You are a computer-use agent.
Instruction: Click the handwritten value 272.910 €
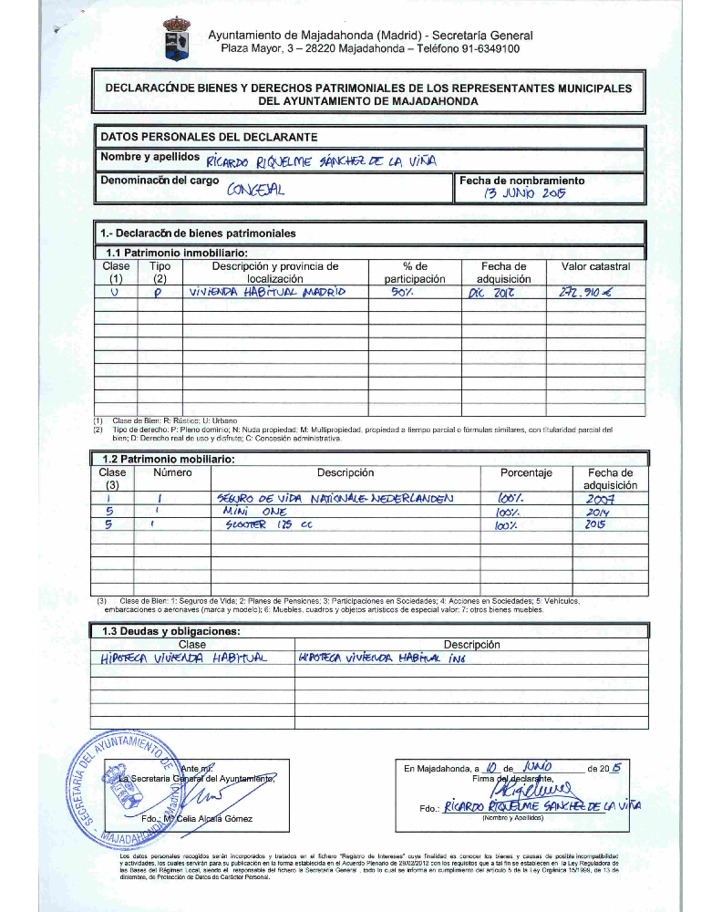click(x=591, y=293)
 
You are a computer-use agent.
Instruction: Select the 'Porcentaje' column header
click(x=526, y=473)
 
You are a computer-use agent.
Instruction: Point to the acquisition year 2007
click(x=600, y=499)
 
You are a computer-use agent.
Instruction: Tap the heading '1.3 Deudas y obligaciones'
click(x=170, y=631)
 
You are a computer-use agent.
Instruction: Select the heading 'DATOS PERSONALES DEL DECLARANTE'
click(x=209, y=137)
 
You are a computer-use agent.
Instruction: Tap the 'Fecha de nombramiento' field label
click(x=522, y=181)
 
